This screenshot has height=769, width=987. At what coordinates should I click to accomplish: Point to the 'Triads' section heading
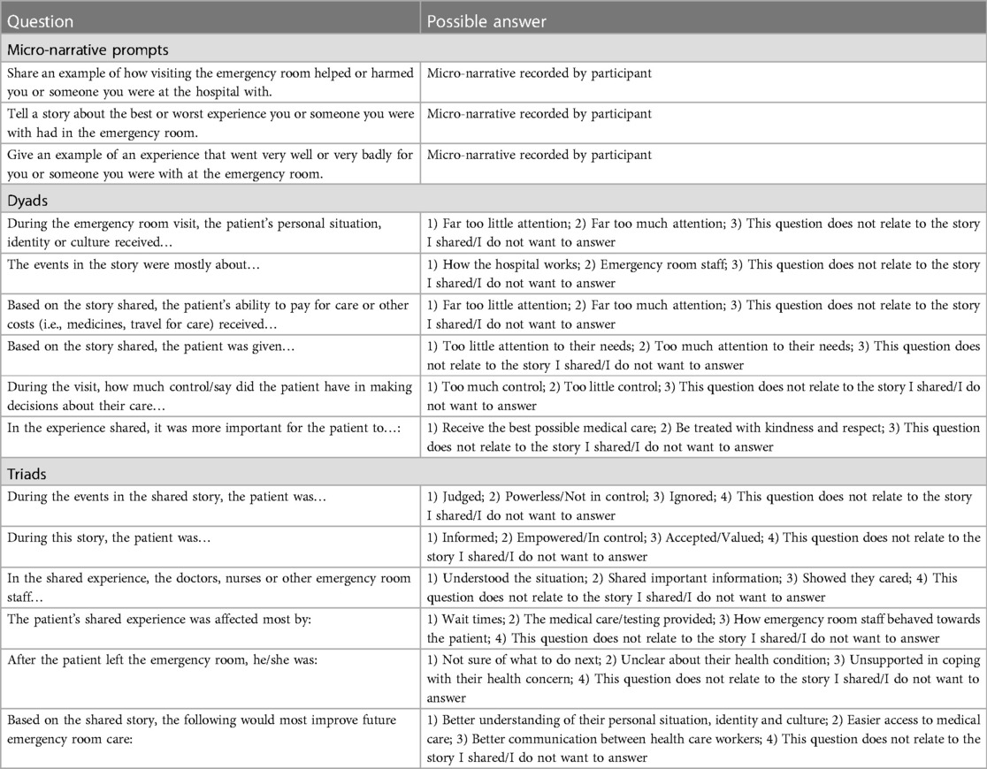coord(27,474)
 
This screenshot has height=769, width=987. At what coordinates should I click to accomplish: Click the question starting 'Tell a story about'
coord(209,122)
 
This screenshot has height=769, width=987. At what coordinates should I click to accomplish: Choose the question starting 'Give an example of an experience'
coord(209,164)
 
